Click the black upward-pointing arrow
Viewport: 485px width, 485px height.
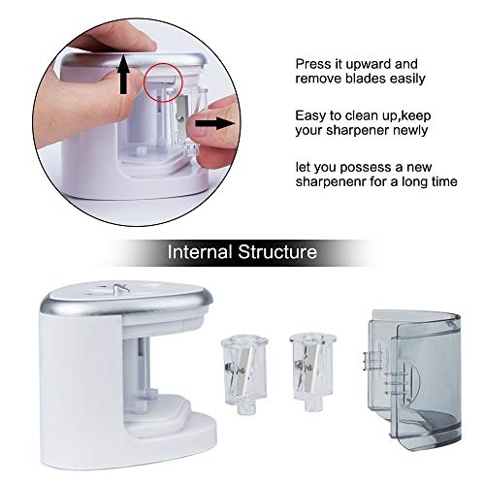[x=123, y=75]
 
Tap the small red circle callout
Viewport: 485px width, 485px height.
[x=163, y=82]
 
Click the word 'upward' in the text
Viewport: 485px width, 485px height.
[x=369, y=65]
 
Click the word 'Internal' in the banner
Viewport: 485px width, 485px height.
[x=200, y=251]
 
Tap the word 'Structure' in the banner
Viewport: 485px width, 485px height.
[x=277, y=251]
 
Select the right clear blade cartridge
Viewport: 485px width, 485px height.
[x=312, y=372]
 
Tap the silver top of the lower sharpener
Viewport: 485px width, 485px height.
[x=126, y=298]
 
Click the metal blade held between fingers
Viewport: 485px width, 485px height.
[x=182, y=119]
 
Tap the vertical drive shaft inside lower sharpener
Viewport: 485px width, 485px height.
[x=143, y=367]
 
